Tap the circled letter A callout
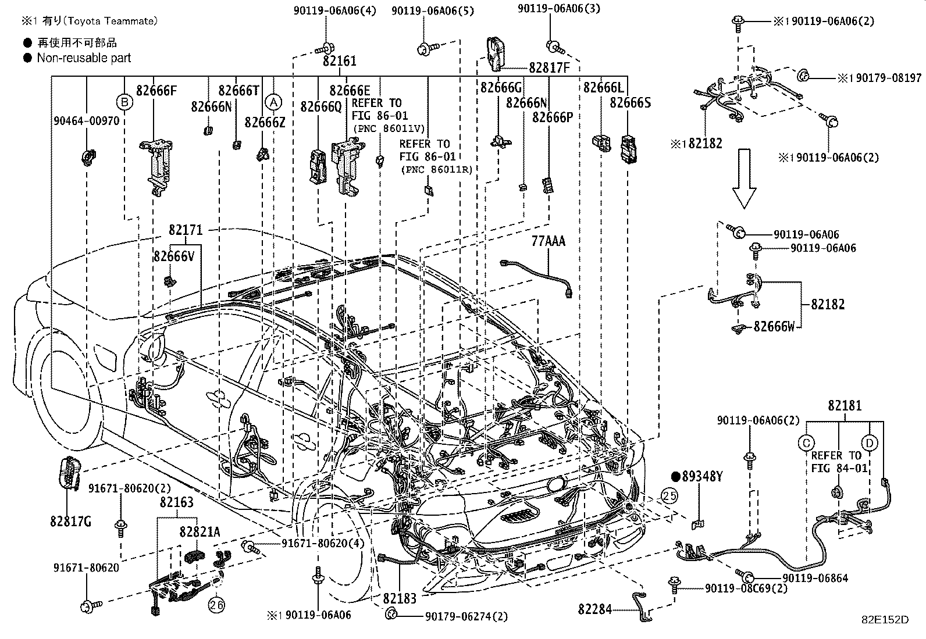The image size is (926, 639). pyautogui.click(x=272, y=102)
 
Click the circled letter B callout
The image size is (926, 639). pyautogui.click(x=124, y=102)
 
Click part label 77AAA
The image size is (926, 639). pyautogui.click(x=548, y=241)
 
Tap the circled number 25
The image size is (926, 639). pyautogui.click(x=669, y=495)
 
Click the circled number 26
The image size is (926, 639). pyautogui.click(x=217, y=605)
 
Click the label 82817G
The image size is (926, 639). pyautogui.click(x=71, y=522)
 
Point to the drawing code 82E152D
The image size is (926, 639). pyautogui.click(x=885, y=620)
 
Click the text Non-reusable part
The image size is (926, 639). pyautogui.click(x=84, y=58)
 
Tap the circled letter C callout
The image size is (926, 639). pyautogui.click(x=806, y=443)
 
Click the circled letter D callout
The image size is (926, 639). pyautogui.click(x=869, y=443)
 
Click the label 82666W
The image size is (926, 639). pyautogui.click(x=774, y=327)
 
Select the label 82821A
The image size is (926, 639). pyautogui.click(x=200, y=531)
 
